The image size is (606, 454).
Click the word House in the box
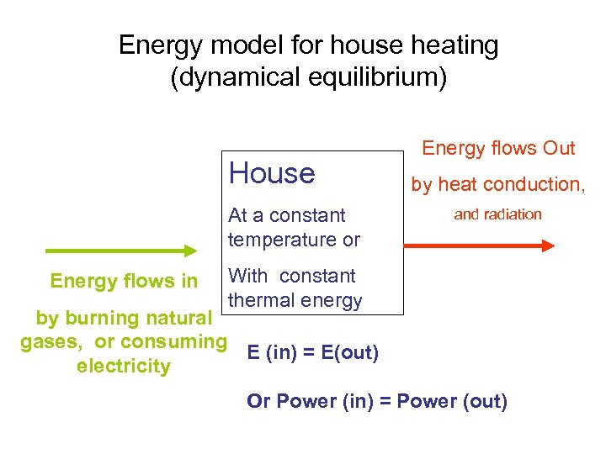[x=272, y=173]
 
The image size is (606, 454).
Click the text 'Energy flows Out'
[x=498, y=149]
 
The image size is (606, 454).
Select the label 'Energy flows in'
[x=124, y=280]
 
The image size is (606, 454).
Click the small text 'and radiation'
[x=497, y=214]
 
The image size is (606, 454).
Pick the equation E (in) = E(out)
[x=313, y=352]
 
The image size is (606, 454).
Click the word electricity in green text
[x=123, y=367]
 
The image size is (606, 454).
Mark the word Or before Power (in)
[x=257, y=401]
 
